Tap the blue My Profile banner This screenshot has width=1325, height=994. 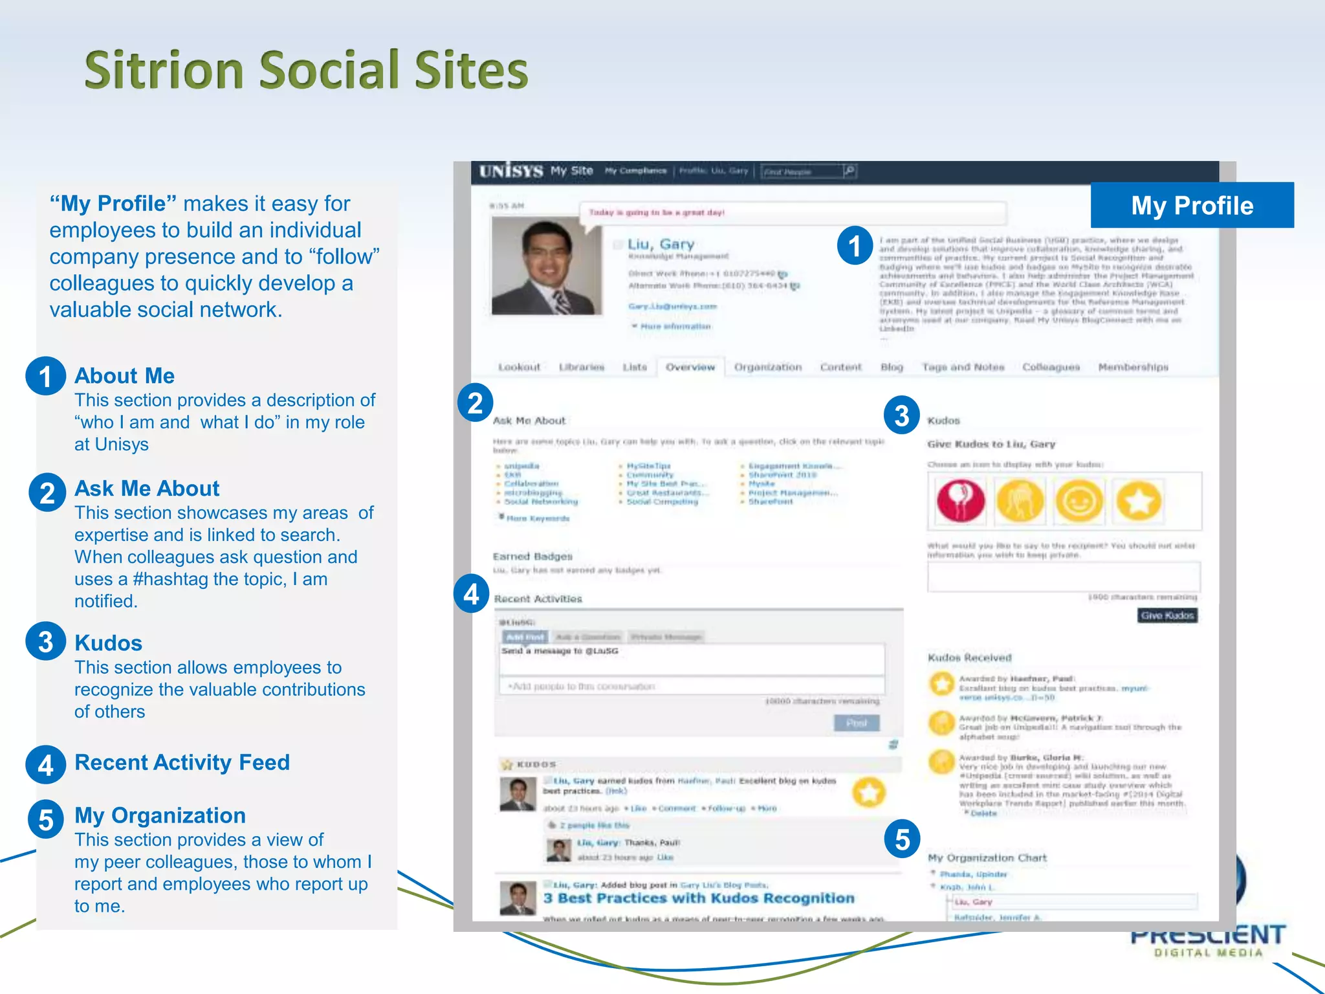(1192, 205)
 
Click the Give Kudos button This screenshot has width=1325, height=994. (1167, 615)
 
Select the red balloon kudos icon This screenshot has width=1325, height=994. (961, 501)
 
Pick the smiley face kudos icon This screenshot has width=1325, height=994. (1079, 501)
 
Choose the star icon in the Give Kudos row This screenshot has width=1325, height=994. (1138, 501)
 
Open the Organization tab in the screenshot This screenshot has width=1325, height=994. (767, 367)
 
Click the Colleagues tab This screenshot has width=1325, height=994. (1051, 367)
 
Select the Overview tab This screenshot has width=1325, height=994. (690, 367)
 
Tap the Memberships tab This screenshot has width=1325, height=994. (1133, 367)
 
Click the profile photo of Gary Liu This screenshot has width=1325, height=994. (547, 267)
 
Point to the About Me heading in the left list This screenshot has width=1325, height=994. (124, 375)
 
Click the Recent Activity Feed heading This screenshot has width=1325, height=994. (182, 762)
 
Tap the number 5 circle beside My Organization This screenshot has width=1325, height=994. (46, 819)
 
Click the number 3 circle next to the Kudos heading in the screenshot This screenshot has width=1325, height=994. (901, 415)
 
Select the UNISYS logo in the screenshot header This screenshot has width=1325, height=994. (510, 171)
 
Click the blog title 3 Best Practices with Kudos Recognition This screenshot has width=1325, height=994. (699, 898)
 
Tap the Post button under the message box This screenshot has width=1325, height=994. (857, 723)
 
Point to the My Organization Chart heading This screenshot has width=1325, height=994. (987, 857)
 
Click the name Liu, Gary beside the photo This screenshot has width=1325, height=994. (661, 244)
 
